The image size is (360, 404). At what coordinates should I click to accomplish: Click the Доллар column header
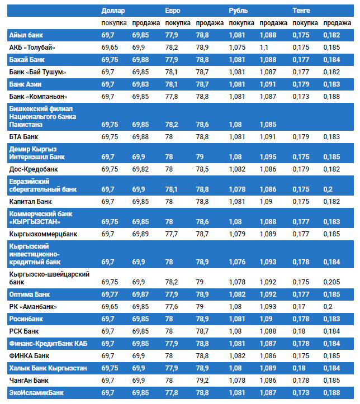coord(113,11)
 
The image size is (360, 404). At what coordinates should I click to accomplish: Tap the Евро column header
coord(173,11)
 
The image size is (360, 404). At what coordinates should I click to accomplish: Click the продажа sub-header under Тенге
coord(337,23)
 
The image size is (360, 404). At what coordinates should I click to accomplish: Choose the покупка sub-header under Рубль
coord(241,23)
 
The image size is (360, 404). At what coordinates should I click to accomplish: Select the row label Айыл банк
coord(26,35)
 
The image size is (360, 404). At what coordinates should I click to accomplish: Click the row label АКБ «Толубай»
coord(32,47)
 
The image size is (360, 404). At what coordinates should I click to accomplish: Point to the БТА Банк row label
coord(24,136)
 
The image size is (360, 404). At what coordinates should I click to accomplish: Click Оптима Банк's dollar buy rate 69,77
coord(110,294)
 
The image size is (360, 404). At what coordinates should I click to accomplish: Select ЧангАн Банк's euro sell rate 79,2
coord(203,381)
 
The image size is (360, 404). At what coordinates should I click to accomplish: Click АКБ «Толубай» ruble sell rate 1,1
coord(264,47)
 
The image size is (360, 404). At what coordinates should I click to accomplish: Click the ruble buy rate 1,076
coord(237,262)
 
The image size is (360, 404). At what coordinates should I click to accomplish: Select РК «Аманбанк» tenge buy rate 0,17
coord(299,307)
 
